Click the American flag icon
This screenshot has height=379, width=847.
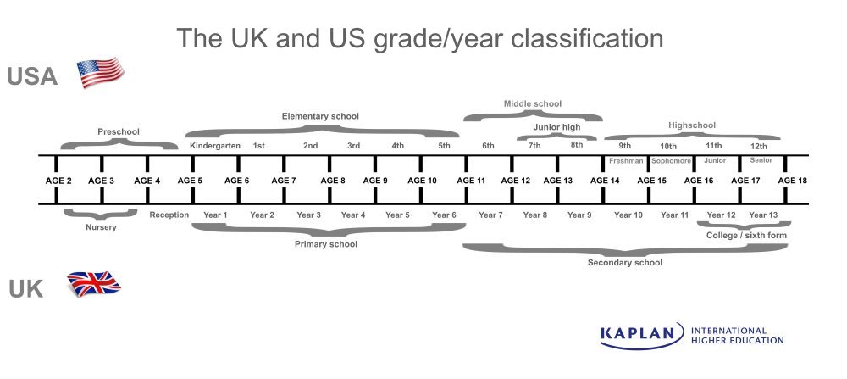pyautogui.click(x=101, y=74)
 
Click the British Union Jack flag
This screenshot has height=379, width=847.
pyautogui.click(x=94, y=284)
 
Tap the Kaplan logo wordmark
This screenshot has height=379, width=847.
pyautogui.click(x=641, y=335)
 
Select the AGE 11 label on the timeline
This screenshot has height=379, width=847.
pyautogui.click(x=471, y=181)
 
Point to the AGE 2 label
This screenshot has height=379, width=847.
pyautogui.click(x=58, y=181)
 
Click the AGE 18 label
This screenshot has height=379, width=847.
pyautogui.click(x=792, y=181)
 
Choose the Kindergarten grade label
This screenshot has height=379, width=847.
pyautogui.click(x=215, y=146)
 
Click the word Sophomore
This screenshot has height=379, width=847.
pyautogui.click(x=671, y=160)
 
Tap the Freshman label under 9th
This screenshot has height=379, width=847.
pyautogui.click(x=626, y=160)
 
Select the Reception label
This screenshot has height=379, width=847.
pyautogui.click(x=169, y=215)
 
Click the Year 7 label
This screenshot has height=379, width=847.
pyautogui.click(x=490, y=215)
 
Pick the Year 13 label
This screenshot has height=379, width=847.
pyautogui.click(x=763, y=215)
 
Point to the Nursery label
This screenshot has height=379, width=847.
pyautogui.click(x=101, y=227)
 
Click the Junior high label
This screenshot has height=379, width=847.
pyautogui.click(x=556, y=127)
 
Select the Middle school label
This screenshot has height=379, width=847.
pyautogui.click(x=533, y=104)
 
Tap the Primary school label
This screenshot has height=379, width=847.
pyautogui.click(x=325, y=244)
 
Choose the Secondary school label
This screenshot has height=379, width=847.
pyautogui.click(x=625, y=263)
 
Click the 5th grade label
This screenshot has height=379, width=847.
pyautogui.click(x=445, y=146)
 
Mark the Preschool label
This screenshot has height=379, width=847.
pyautogui.click(x=119, y=131)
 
